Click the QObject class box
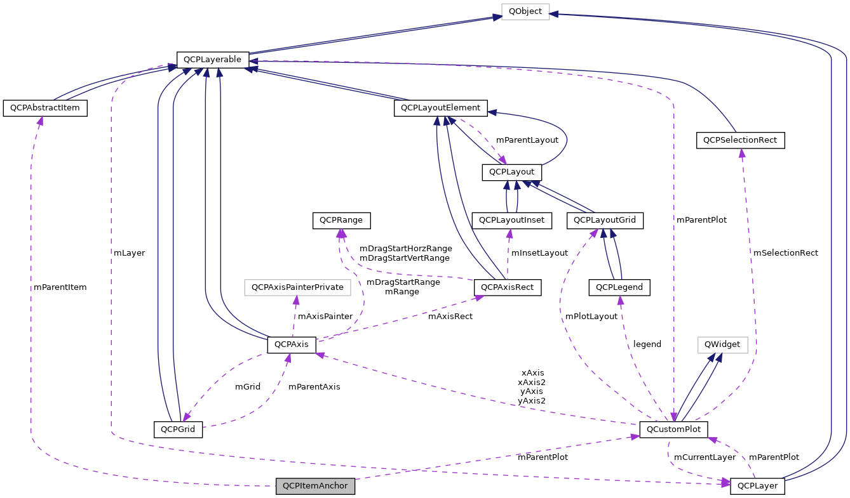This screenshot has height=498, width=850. coord(525,12)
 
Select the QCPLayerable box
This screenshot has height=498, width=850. coord(212,60)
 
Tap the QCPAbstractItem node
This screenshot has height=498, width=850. coord(44,108)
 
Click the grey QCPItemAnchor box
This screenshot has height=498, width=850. coord(315,487)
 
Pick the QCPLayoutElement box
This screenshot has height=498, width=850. coord(441,108)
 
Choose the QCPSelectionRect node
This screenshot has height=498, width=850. coord(741,140)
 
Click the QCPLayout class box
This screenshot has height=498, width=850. coord(512,172)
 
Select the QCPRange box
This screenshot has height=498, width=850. coord(341,220)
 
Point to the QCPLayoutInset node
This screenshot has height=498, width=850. coord(512,220)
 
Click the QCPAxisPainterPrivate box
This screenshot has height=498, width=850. coord(297,287)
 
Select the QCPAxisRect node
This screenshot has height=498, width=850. coord(508,287)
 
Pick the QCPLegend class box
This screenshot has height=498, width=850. coord(619,287)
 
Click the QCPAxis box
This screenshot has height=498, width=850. coord(292,344)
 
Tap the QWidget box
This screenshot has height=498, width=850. coord(722,344)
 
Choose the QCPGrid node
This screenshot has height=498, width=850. coord(178,429)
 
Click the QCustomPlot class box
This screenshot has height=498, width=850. coord(673,429)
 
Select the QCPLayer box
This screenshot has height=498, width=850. coord(758,487)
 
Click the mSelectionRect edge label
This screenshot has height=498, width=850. coord(785,252)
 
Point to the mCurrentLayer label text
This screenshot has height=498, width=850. coord(705,457)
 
